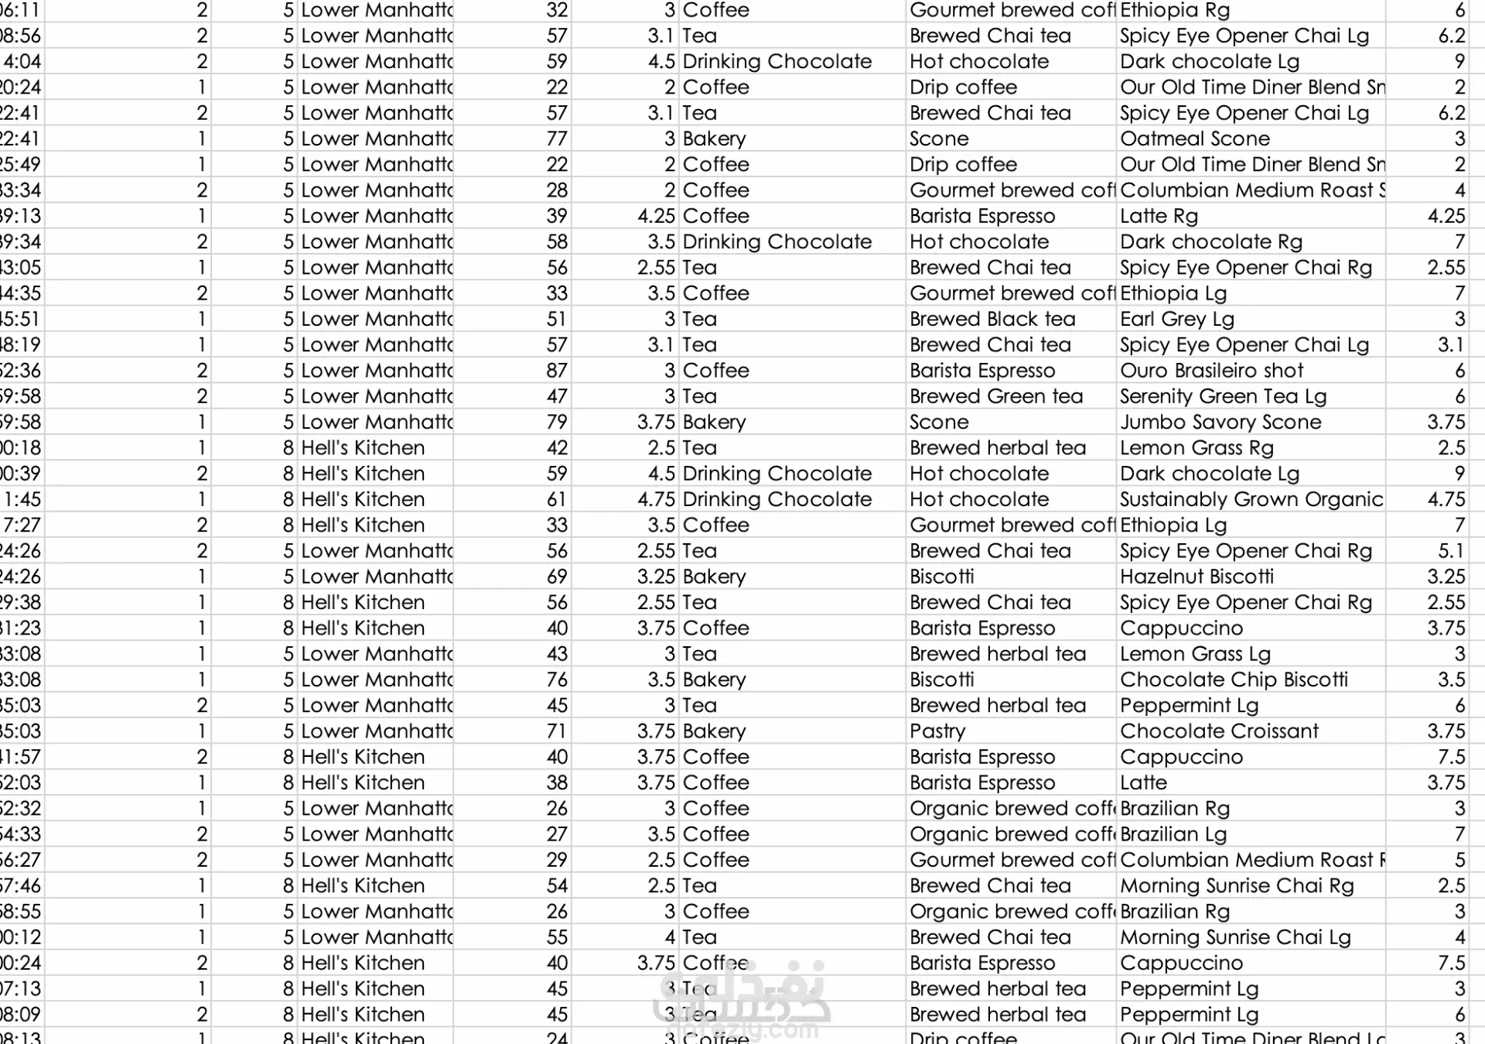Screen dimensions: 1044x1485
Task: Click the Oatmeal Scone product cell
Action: click(x=1195, y=139)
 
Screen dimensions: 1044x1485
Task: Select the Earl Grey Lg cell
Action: click(x=1176, y=319)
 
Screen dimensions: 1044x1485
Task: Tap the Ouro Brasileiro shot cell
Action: click(x=1211, y=371)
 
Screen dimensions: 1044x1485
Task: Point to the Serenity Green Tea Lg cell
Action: click(x=1223, y=396)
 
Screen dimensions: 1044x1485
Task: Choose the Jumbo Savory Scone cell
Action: click(x=1220, y=422)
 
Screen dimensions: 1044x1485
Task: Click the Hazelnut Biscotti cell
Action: click(x=1197, y=577)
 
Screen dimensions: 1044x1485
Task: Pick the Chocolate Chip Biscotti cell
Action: click(x=1234, y=679)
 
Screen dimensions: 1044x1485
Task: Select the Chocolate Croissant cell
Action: click(x=1219, y=731)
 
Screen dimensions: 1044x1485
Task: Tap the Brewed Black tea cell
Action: click(x=992, y=319)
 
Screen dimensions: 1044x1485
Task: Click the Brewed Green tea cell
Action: click(x=996, y=396)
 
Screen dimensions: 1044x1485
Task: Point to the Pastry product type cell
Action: click(x=937, y=731)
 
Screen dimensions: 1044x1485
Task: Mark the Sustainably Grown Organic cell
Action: click(x=1251, y=499)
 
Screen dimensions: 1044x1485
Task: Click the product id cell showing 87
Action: click(x=556, y=371)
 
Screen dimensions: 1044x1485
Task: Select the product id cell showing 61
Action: click(x=556, y=499)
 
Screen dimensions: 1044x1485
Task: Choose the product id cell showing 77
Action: click(x=556, y=139)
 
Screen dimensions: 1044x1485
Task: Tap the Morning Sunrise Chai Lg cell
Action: click(x=1235, y=937)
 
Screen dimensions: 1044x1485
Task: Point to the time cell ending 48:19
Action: click(x=21, y=344)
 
